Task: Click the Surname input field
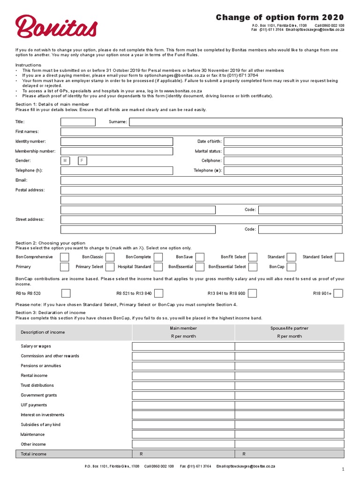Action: coord(235,122)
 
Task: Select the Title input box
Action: coord(78,122)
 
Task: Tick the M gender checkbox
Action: coord(65,161)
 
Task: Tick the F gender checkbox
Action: coord(82,161)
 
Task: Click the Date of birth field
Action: coord(283,142)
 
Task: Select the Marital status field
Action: coord(283,151)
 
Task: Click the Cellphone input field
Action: coord(283,161)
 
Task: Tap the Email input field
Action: coord(202,180)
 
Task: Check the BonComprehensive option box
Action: coord(65,257)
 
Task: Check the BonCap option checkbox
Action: coord(291,267)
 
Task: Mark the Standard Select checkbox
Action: coord(339,257)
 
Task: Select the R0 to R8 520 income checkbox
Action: coord(66,293)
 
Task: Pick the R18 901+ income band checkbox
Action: coord(338,293)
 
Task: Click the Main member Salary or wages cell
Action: coord(183,346)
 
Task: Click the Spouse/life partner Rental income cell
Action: coord(289,376)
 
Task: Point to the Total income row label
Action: coord(33,454)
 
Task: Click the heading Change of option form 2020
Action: coord(280,18)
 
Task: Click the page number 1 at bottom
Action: coord(343,469)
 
